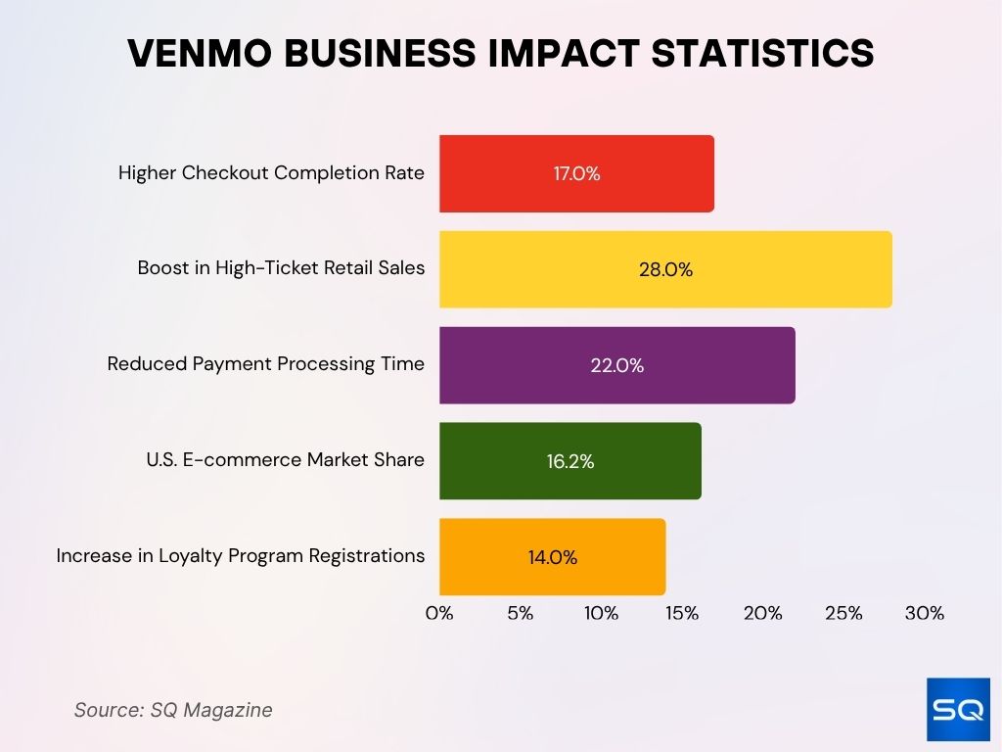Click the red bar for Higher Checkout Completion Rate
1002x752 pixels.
coord(576,173)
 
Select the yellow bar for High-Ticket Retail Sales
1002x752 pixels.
coord(665,269)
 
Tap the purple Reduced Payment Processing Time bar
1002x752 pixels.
coord(616,365)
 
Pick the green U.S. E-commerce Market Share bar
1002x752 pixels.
coord(569,461)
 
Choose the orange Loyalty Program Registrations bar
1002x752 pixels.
coord(552,557)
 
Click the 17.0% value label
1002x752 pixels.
coord(576,174)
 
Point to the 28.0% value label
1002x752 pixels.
coord(665,270)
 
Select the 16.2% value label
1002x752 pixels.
coord(569,462)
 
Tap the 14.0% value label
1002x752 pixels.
coord(552,558)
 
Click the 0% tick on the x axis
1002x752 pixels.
coord(439,614)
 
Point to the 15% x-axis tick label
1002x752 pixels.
coord(682,614)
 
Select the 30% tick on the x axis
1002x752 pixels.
coord(924,614)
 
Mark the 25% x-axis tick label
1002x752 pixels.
coord(843,614)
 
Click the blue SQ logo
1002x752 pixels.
coord(957,709)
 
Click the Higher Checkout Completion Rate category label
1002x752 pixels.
coord(271,173)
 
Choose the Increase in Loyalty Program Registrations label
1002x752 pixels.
coord(241,556)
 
